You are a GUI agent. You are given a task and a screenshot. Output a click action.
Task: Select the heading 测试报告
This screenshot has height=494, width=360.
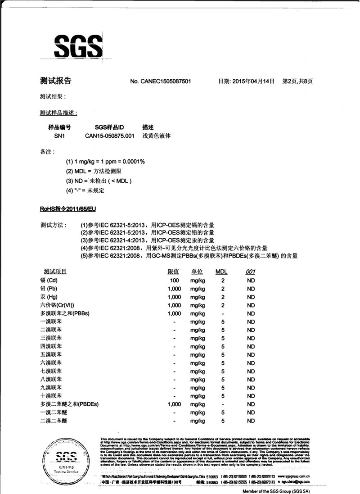55,81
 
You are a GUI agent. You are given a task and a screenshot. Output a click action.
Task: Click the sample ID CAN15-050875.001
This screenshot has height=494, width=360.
110,136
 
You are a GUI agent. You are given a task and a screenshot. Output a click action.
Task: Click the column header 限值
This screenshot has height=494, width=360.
173,272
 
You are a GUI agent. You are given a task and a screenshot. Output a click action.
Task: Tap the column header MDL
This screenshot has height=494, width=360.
222,272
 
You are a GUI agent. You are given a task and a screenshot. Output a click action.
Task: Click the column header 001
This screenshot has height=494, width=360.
251,272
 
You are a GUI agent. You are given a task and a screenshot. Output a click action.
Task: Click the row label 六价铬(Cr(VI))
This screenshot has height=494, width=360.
59,305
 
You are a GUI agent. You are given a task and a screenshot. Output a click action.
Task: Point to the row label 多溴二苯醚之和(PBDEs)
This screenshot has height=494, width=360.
69,404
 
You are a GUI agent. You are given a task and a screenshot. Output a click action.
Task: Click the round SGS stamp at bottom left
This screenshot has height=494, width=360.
67,458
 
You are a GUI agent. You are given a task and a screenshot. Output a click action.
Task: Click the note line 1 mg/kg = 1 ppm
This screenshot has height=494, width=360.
105,161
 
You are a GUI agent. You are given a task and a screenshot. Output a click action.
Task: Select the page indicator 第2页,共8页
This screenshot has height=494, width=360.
297,82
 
